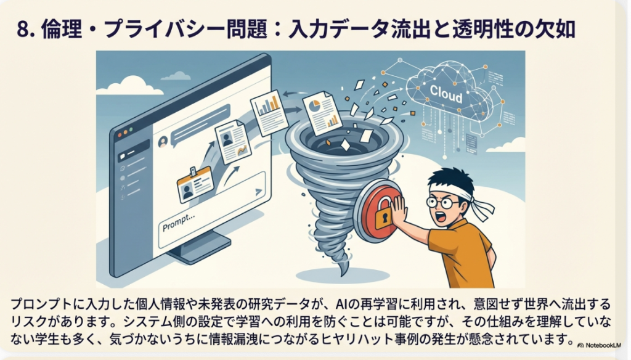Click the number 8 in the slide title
point(23,30)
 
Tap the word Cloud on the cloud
point(446,94)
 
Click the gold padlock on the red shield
point(383,213)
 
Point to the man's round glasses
point(443,202)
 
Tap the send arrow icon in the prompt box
point(258,192)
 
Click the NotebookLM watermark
point(599,345)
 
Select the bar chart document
point(269,112)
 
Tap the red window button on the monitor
point(119,135)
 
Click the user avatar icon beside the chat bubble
point(163,142)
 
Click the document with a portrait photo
point(233,142)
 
